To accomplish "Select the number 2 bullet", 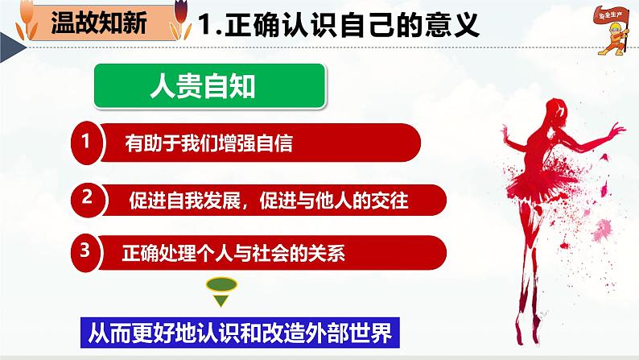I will point(86,197).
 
